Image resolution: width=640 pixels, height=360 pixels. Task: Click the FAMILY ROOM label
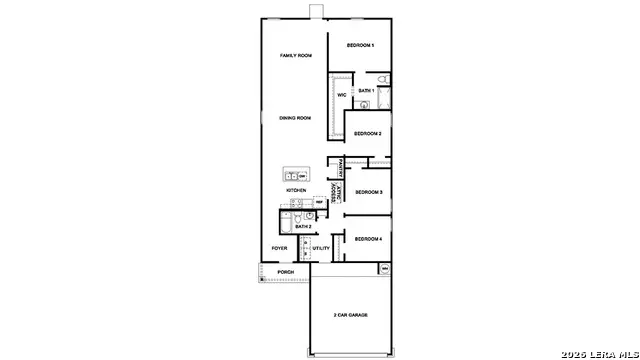[x=296, y=56]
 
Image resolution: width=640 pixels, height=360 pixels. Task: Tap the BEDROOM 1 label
[x=360, y=46]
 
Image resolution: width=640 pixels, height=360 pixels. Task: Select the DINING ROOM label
[x=296, y=118]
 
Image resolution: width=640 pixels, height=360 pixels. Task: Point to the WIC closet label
[x=341, y=95]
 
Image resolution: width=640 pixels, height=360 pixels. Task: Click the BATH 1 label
[x=366, y=90]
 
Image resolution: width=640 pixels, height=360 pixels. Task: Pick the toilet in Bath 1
[x=384, y=80]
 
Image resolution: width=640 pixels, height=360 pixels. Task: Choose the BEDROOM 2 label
[x=367, y=132]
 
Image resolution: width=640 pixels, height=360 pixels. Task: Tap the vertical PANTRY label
[x=342, y=166]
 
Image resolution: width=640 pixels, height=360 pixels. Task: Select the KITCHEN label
[x=296, y=190]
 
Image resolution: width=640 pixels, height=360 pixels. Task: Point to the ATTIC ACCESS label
[x=336, y=194]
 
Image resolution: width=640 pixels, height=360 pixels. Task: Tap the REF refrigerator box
[x=319, y=202]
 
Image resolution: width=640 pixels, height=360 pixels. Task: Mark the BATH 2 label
[x=303, y=227]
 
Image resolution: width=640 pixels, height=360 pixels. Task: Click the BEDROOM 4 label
[x=368, y=239]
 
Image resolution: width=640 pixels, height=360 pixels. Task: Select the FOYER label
[x=280, y=248]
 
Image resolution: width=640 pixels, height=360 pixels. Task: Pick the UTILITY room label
[x=321, y=248]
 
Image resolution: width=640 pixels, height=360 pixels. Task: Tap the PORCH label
[x=286, y=272]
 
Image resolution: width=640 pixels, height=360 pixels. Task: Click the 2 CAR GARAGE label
[x=351, y=315]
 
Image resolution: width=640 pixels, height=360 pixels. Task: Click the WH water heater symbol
[x=384, y=269]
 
